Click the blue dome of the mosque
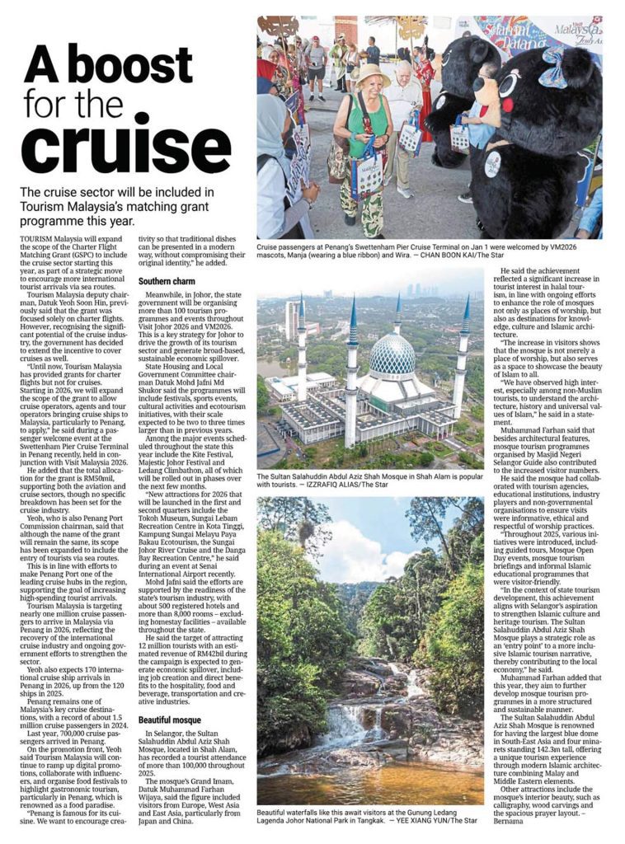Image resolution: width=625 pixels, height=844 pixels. (391, 356)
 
